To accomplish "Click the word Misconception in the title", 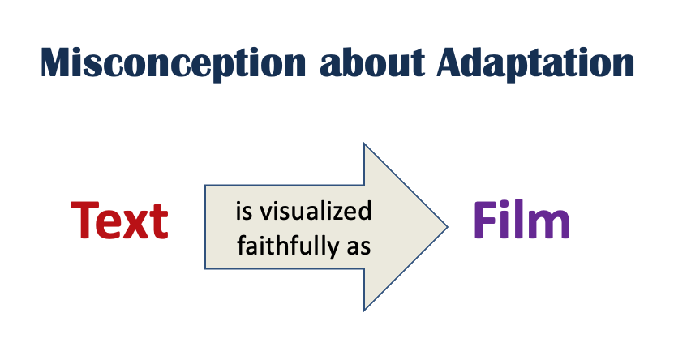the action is [x=174, y=63].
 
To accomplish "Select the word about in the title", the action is [x=372, y=62].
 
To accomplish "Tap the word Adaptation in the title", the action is [x=535, y=63].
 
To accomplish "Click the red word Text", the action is [x=119, y=221].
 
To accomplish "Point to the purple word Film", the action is [x=522, y=219].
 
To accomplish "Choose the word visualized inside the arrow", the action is [x=316, y=211].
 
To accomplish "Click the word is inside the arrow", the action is [x=243, y=211].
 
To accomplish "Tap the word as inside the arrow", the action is [x=359, y=248].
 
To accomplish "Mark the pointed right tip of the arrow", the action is [x=448, y=227].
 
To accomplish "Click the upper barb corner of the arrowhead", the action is [x=364, y=144].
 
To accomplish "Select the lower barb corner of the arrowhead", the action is [x=364, y=310].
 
